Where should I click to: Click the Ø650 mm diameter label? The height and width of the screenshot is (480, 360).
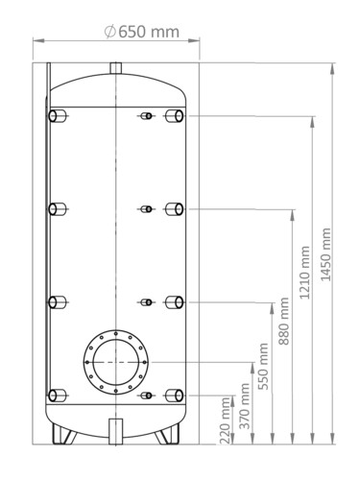pyautogui.click(x=142, y=32)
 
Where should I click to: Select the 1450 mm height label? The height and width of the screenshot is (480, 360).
pyautogui.click(x=325, y=254)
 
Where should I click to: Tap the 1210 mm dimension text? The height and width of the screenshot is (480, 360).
pyautogui.click(x=305, y=273)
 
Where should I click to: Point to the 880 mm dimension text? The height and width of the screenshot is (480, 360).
pyautogui.click(x=284, y=321)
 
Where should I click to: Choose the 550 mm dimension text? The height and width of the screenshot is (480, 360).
pyautogui.click(x=263, y=367)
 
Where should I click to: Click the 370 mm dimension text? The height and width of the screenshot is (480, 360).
pyautogui.click(x=245, y=406)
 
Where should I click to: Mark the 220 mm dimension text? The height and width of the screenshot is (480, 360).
pyautogui.click(x=226, y=420)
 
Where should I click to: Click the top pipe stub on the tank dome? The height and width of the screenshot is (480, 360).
pyautogui.click(x=116, y=68)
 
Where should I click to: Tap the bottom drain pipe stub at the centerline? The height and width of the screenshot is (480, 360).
pyautogui.click(x=115, y=431)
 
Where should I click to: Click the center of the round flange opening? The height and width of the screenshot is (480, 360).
pyautogui.click(x=116, y=362)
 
